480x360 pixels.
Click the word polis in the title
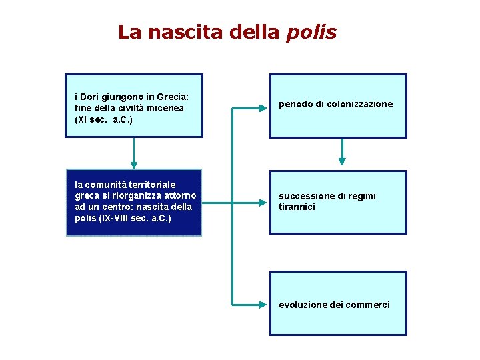311,33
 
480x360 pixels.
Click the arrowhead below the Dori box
134,163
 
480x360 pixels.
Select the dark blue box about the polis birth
133,202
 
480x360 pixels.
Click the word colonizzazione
360,105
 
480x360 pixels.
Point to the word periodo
294,105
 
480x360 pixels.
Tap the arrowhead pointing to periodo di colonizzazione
263,106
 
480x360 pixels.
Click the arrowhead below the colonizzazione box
342,161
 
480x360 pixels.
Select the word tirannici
297,207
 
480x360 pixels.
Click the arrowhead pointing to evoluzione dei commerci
263,304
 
